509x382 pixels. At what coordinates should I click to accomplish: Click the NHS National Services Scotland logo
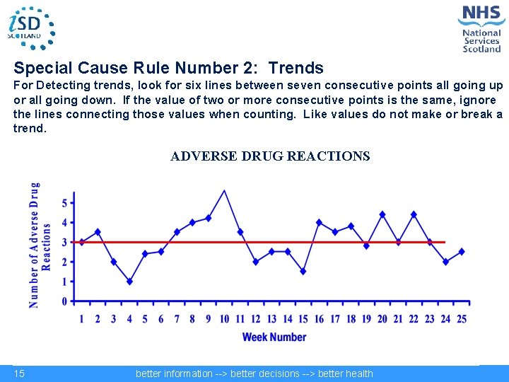481,28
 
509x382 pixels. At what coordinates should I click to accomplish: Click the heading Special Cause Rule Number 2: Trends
169,69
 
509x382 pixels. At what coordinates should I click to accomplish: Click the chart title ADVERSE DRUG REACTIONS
270,156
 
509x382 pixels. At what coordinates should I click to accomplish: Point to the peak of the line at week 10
224,190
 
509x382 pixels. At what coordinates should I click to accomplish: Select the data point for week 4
129,282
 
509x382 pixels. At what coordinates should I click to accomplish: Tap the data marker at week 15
303,271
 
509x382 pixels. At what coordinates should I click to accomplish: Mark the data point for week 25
461,251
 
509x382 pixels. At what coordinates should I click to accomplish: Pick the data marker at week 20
382,214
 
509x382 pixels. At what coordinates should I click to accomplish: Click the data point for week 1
81,242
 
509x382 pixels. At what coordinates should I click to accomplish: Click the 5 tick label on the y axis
64,203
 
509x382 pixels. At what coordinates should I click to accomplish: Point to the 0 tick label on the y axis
64,301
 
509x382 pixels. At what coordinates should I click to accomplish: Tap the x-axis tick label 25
461,319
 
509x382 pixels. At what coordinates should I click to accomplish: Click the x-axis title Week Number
274,337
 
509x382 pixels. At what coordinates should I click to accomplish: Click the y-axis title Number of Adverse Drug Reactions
40,245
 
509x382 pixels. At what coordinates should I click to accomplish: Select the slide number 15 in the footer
19,374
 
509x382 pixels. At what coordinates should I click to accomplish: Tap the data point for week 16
319,222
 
